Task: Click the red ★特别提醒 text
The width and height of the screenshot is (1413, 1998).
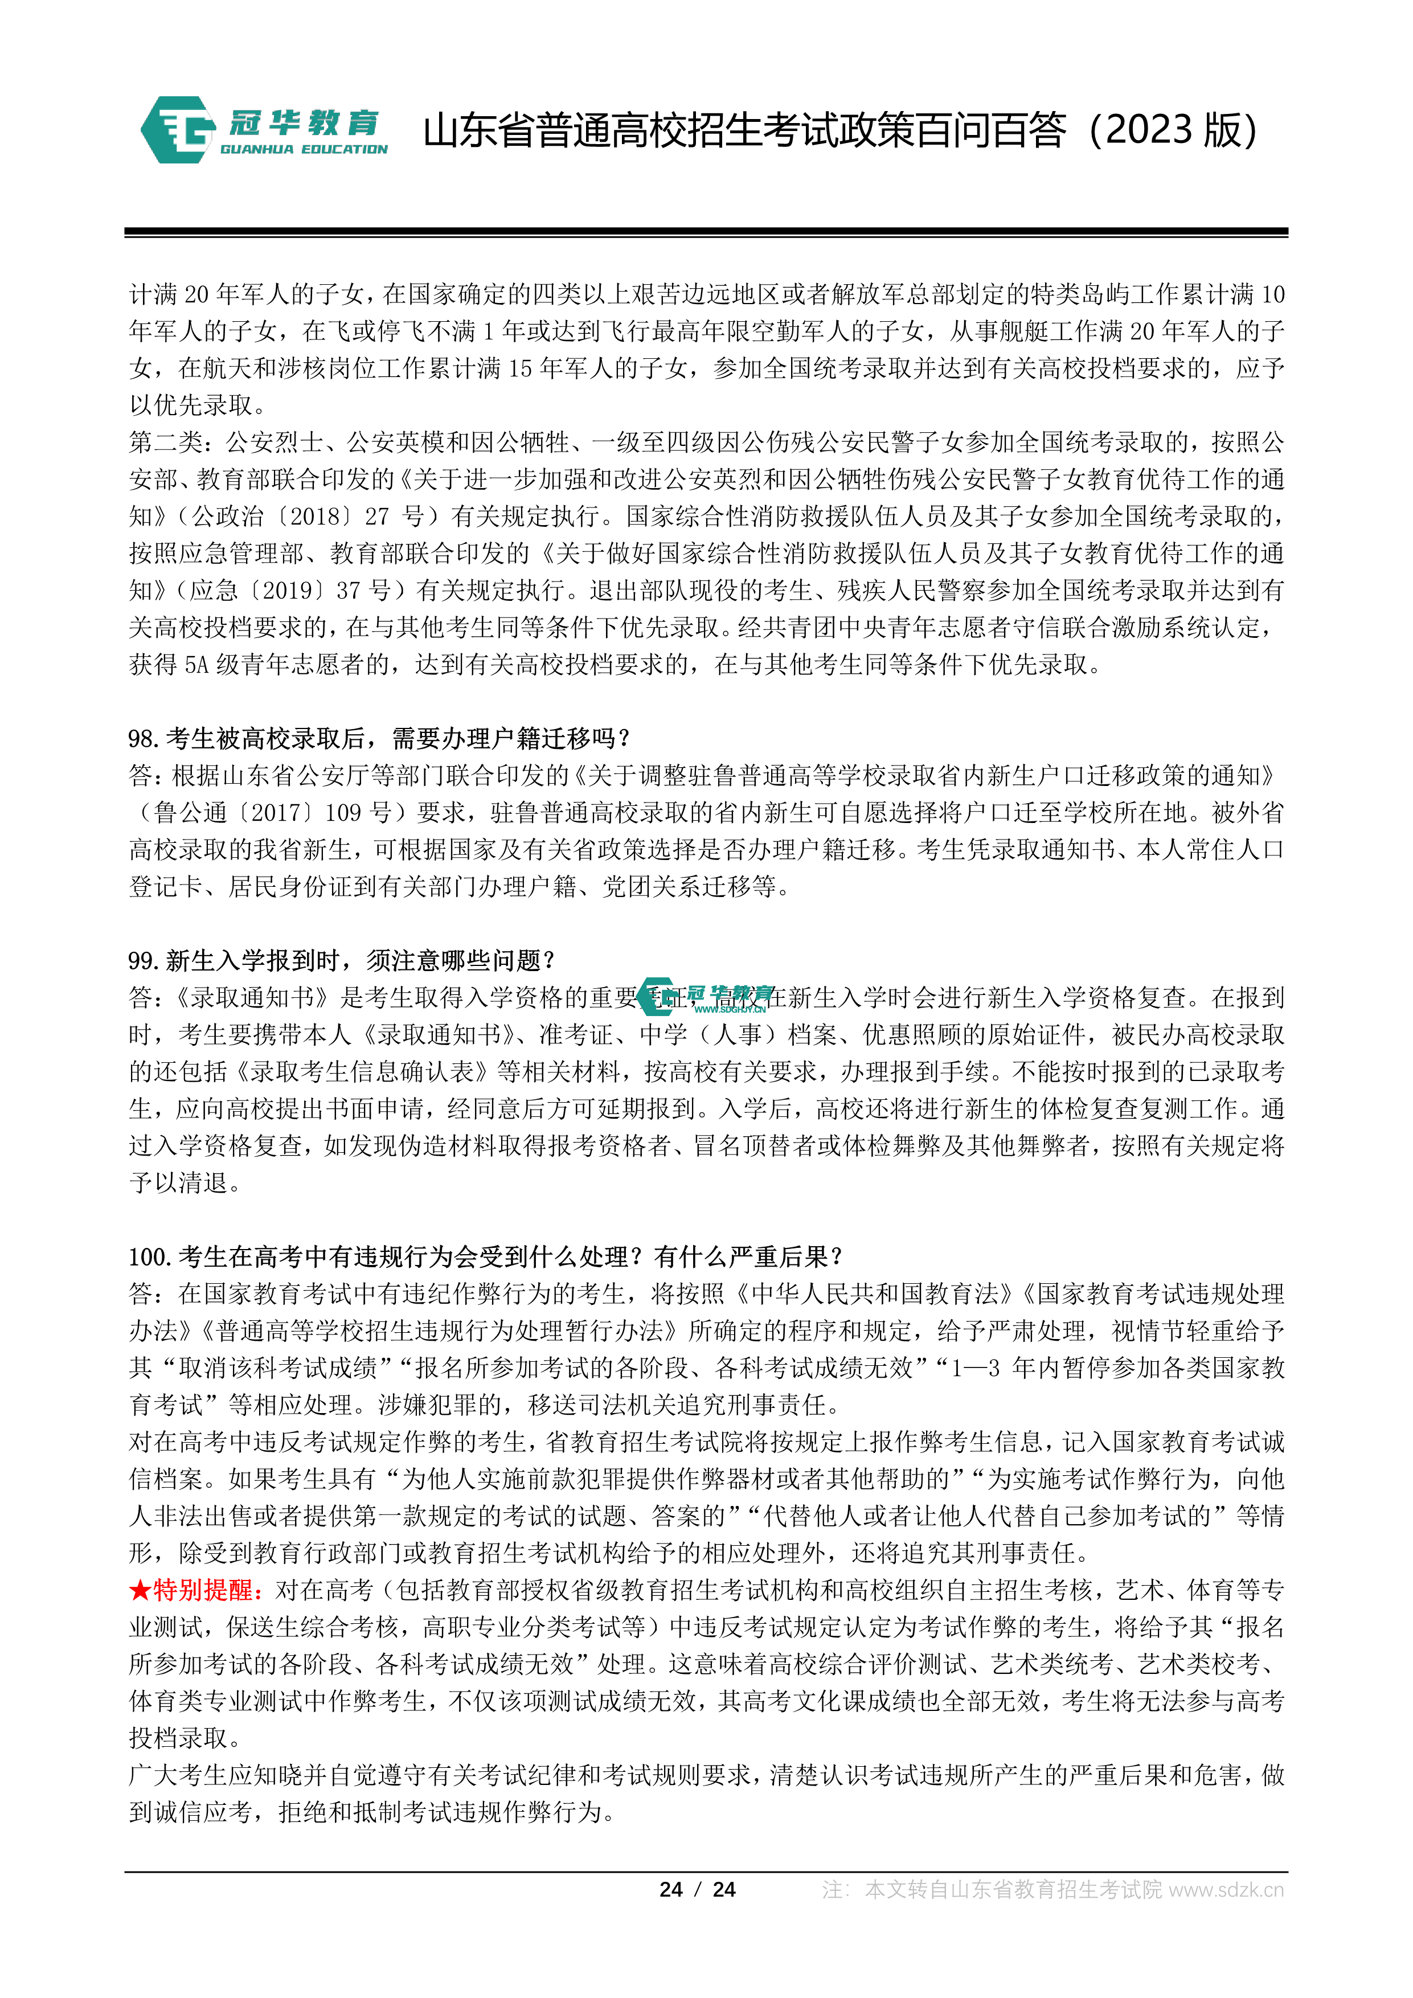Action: click(196, 1591)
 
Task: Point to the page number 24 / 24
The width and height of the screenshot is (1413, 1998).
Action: click(697, 1889)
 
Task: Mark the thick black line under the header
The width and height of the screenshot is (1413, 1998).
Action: click(706, 232)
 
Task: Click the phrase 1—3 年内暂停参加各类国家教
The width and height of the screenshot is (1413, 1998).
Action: click(1117, 1368)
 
